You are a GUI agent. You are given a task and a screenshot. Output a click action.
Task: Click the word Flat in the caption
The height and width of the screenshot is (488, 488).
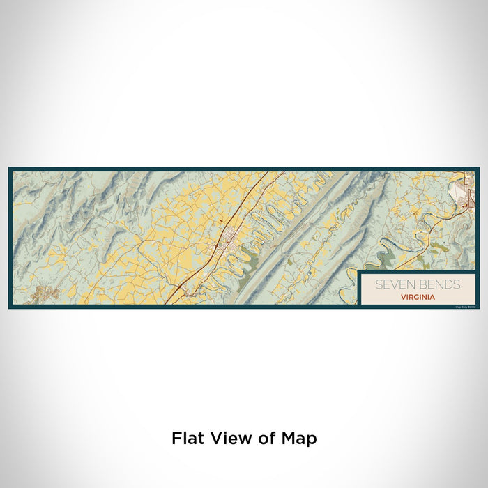coord(188,439)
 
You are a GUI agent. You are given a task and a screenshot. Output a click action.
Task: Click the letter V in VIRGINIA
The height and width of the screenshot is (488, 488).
coord(403,296)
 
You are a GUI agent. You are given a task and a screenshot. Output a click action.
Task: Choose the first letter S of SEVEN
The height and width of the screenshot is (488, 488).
coord(379,284)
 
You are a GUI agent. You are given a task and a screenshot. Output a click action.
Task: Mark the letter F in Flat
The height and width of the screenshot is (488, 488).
coord(176,439)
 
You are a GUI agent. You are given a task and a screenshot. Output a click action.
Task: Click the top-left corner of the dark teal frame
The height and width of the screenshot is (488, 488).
coord(10,168)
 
